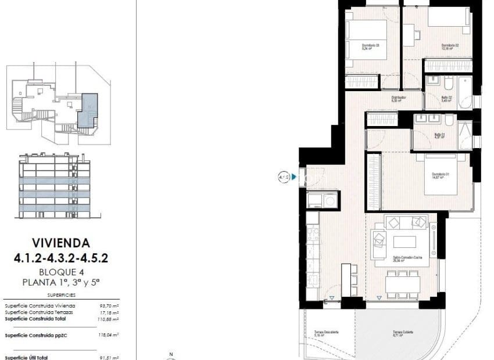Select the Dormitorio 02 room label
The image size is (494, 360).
[x=450, y=47]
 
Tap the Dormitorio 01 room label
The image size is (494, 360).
[x=440, y=176]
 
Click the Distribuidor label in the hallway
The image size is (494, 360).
[x=398, y=99]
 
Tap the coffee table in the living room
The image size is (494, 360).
[x=405, y=240]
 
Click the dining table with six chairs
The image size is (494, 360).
[x=403, y=283]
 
